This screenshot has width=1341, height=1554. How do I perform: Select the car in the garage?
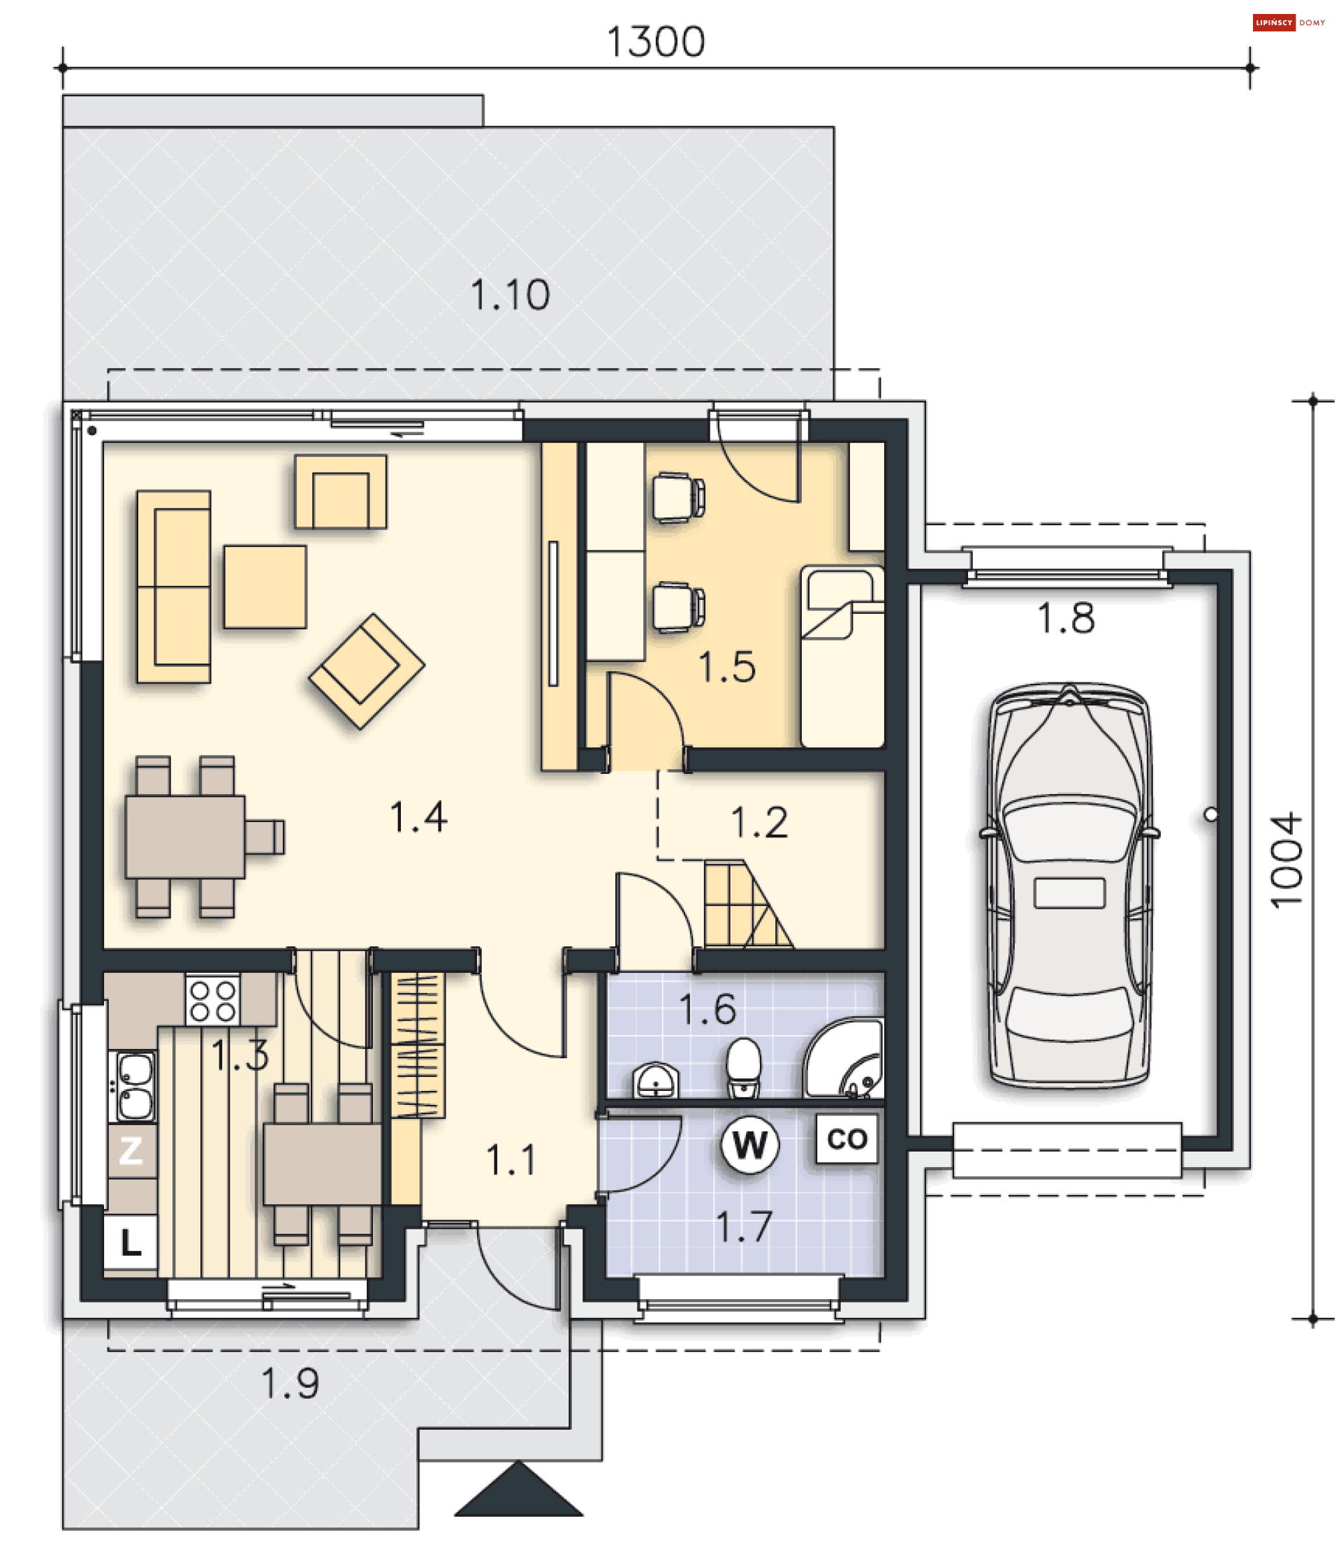tap(1069, 884)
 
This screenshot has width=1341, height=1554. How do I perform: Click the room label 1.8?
tap(1065, 619)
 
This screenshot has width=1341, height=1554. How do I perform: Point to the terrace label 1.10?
tap(510, 295)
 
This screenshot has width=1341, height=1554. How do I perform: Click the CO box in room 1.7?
tap(847, 1139)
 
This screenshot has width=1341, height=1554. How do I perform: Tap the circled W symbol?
tap(749, 1144)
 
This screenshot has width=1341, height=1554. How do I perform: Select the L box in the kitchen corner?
tap(131, 1243)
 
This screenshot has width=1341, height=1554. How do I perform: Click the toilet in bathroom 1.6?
tap(743, 1066)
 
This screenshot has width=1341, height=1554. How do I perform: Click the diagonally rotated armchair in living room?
tap(366, 670)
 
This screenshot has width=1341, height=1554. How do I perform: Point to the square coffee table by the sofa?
tap(265, 587)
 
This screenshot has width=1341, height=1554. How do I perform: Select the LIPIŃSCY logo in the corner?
tap(1273, 22)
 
